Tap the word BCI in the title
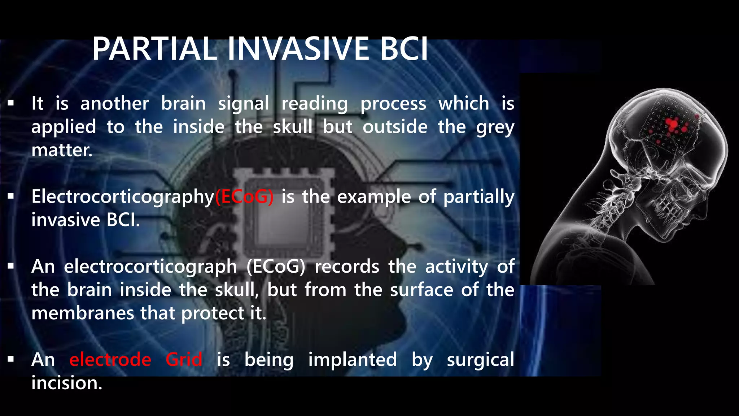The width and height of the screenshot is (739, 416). tap(404, 49)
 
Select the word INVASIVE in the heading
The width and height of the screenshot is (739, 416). tap(298, 49)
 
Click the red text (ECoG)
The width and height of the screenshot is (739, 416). tap(244, 197)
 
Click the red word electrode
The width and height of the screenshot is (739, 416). tap(110, 360)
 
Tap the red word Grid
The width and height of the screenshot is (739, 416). tap(184, 360)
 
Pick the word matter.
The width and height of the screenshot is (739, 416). tap(62, 150)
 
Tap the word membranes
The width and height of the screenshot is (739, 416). tap(83, 313)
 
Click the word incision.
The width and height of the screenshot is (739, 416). tap(67, 383)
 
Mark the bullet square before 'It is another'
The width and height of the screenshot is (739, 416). tap(11, 104)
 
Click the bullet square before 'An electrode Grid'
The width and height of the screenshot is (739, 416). tap(11, 359)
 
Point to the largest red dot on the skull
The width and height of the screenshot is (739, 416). tap(673, 124)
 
